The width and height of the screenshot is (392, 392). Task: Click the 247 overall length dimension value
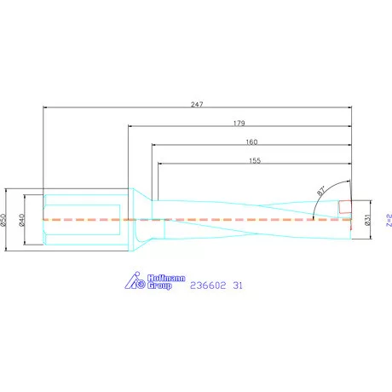pos(196,104)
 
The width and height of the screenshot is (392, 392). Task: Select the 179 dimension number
pos(239,123)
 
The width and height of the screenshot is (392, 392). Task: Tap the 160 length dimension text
pos(251,141)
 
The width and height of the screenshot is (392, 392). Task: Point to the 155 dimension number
pos(254,160)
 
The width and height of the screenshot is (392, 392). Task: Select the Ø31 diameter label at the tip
pos(367,220)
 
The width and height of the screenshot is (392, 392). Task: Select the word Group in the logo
pos(160,286)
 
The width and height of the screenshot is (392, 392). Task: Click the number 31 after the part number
pos(238,286)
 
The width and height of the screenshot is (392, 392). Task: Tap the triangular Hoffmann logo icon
pos(137,281)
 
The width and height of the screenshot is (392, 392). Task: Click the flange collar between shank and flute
pos(135,219)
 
